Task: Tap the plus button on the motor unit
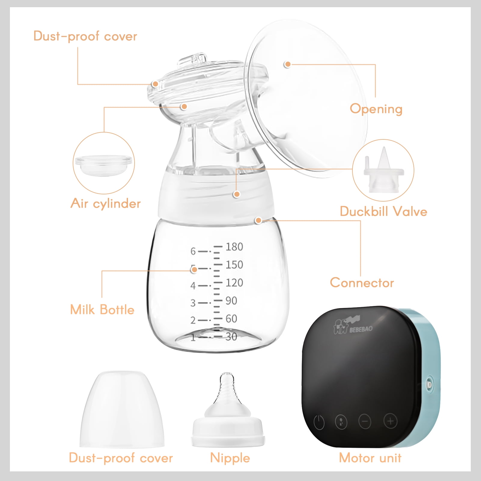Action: click(x=390, y=421)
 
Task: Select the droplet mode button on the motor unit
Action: click(x=341, y=422)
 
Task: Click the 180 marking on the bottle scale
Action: click(x=234, y=247)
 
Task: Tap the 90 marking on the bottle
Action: click(x=231, y=300)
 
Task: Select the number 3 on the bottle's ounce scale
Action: click(x=193, y=303)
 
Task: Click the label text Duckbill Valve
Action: click(x=383, y=211)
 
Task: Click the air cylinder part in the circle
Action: click(x=104, y=165)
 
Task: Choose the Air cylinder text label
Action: click(x=105, y=203)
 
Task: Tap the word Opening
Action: click(x=376, y=109)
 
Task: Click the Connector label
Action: click(x=362, y=283)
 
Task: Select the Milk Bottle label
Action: click(x=102, y=309)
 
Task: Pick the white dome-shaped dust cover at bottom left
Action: click(x=122, y=409)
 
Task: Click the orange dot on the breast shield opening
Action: click(x=288, y=64)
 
